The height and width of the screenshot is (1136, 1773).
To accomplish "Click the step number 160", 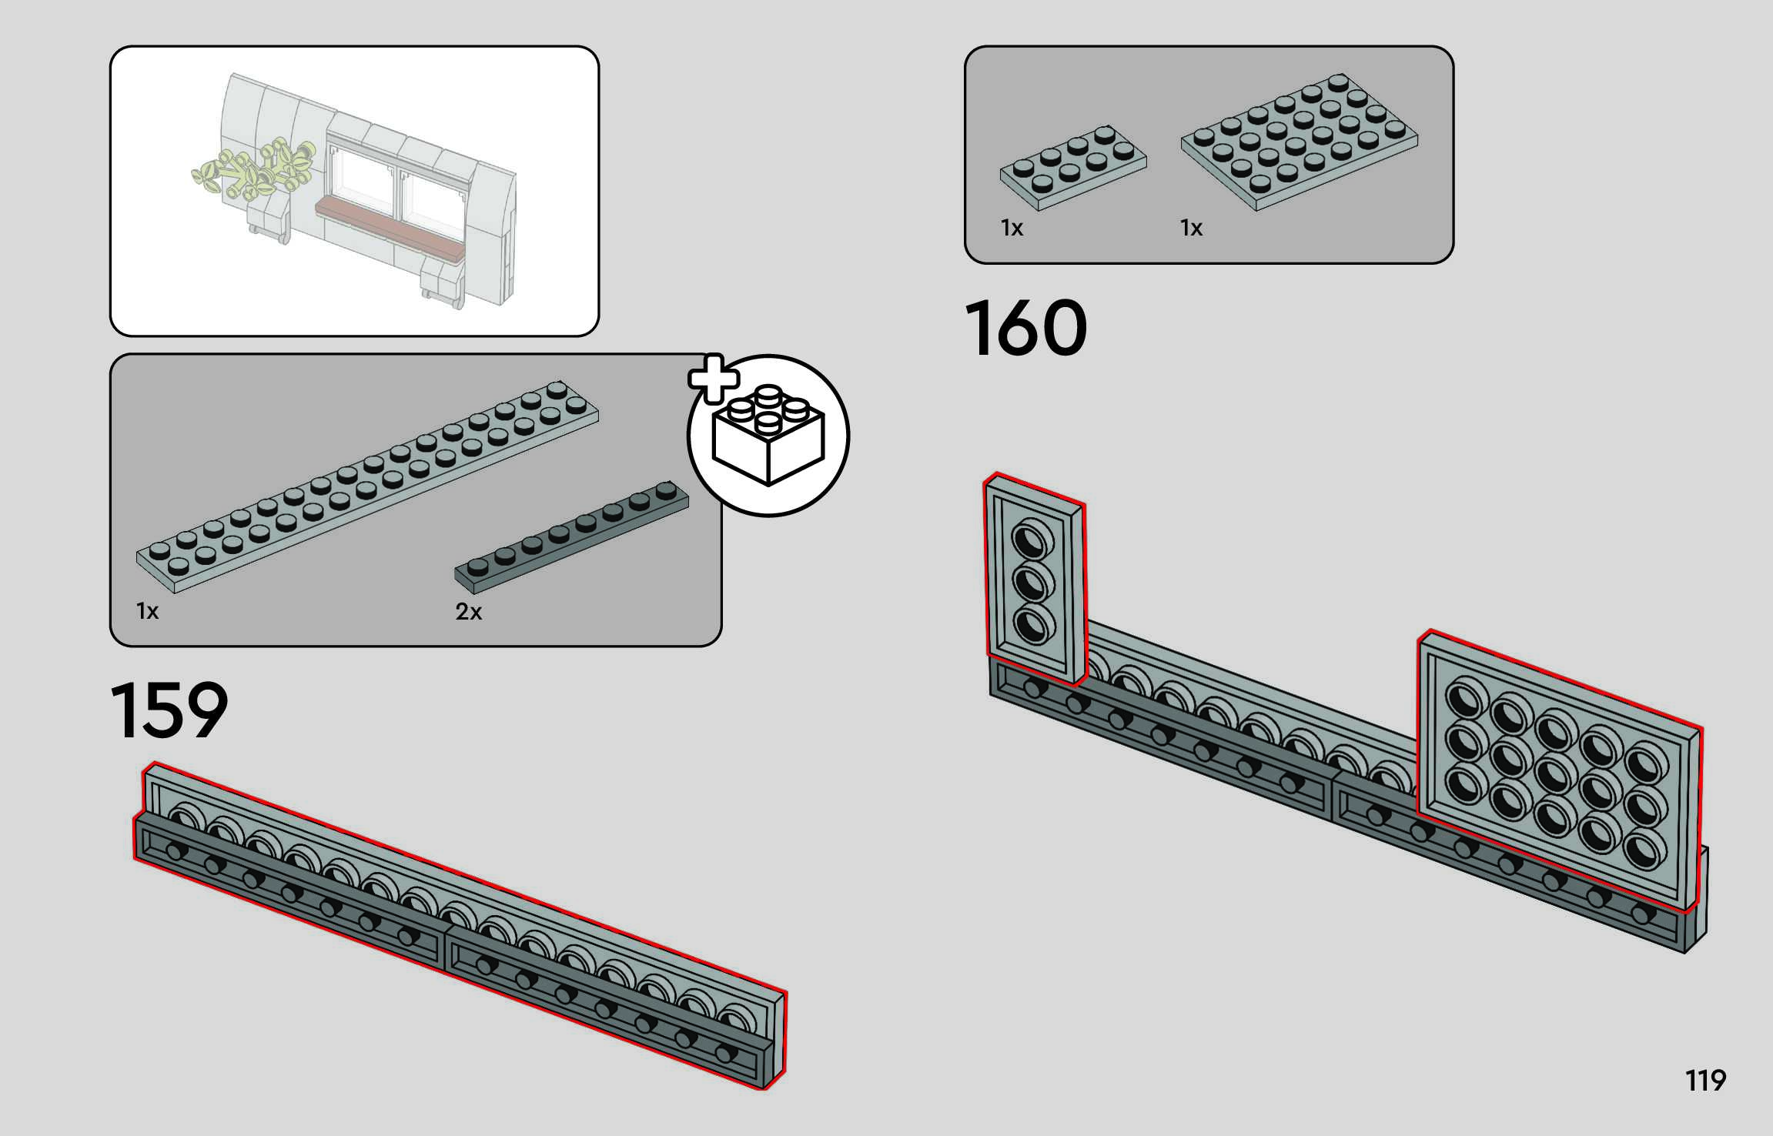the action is [x=1025, y=329].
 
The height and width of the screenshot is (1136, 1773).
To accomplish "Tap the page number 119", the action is [x=1705, y=1081].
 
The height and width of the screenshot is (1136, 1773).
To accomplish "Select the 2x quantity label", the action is [x=468, y=612].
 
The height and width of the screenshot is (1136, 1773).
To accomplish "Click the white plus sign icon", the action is [x=713, y=378].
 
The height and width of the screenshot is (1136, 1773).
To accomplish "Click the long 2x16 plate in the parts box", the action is [x=367, y=487].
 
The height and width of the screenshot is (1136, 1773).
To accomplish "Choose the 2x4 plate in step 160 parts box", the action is [x=1072, y=166].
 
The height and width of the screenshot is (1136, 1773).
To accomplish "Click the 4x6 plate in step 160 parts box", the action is [x=1300, y=140].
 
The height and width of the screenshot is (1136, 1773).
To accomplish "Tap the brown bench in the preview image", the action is [x=391, y=226].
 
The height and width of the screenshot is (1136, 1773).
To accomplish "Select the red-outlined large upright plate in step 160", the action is [x=1559, y=770].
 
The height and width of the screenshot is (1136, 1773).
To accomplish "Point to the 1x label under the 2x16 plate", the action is [x=147, y=611].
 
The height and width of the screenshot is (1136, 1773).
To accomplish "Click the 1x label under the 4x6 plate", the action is [x=1191, y=228].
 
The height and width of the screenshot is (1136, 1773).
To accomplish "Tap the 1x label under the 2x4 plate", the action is [x=1012, y=228].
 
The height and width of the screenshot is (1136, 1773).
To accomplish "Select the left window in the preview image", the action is [x=361, y=178].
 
